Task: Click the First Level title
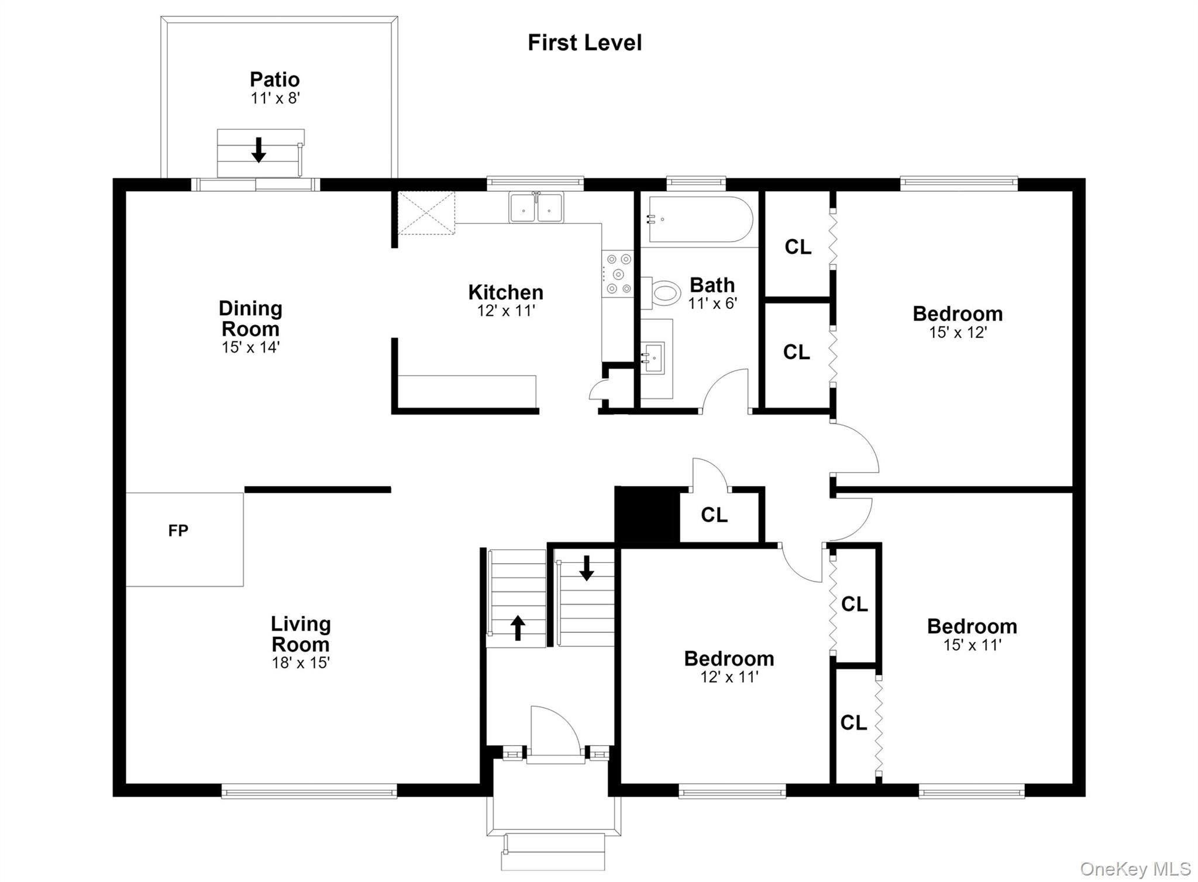coord(584,43)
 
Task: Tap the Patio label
coord(275,80)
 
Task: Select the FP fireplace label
coord(178,530)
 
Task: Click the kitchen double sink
coord(536,208)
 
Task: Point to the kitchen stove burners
coord(618,274)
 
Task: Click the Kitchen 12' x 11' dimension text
coord(506,311)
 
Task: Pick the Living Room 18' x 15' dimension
coord(301,663)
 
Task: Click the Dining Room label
coord(250,318)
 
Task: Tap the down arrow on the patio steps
coord(259,150)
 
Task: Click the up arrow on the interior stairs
coord(518,628)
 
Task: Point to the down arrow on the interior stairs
coord(586,568)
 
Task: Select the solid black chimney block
coord(647,515)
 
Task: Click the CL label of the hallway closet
coord(714,515)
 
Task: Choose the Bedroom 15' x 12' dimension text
coord(958,332)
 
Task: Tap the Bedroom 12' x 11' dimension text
coord(729,677)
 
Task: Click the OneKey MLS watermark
coord(1135,869)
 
